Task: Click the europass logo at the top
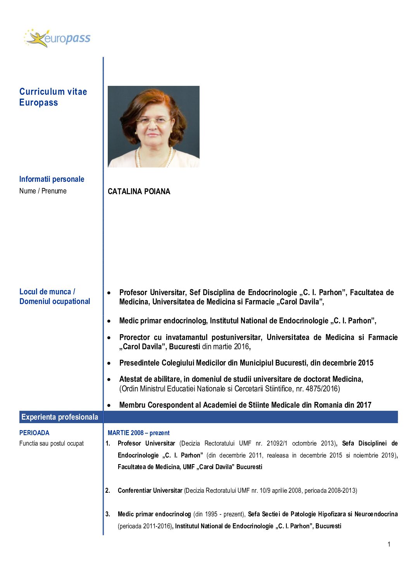coord(57,38)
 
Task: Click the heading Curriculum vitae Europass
coord(53,97)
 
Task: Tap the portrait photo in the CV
coord(153,126)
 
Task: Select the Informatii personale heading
coord(52,179)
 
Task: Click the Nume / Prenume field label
coord(43,191)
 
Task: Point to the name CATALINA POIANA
coord(139,192)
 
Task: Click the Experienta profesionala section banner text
coord(60,417)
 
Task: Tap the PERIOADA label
coord(34,433)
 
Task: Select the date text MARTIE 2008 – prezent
coord(138,433)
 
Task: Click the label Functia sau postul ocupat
coord(51,443)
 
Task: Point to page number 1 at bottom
coord(389,544)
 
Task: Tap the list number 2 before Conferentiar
coord(108,490)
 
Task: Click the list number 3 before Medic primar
coord(108,514)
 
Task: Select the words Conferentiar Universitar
coord(150,490)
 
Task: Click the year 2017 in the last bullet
coord(363,405)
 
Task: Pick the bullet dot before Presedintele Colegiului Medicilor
coord(109,363)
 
